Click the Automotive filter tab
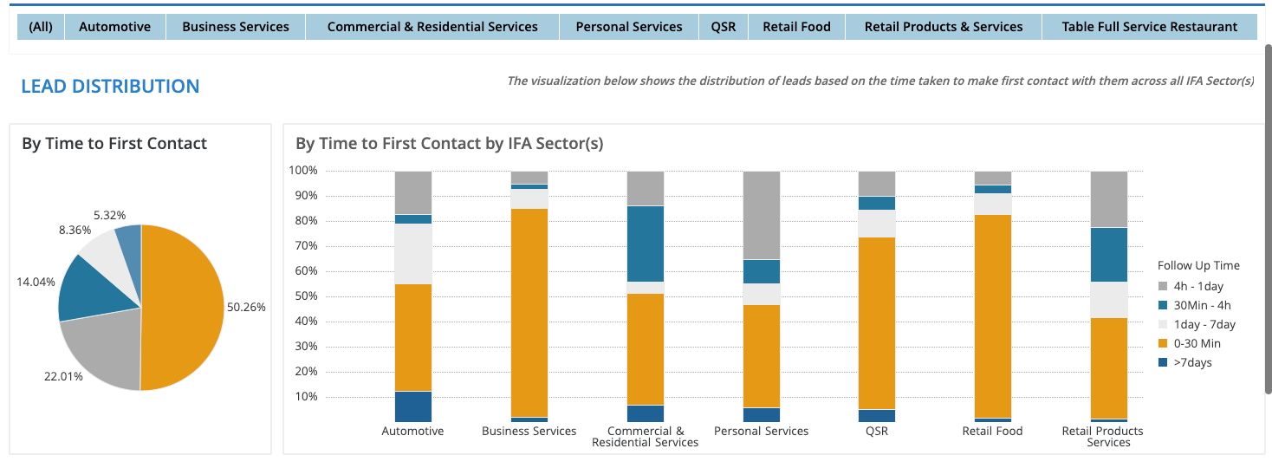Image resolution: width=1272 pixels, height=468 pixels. pyautogui.click(x=114, y=27)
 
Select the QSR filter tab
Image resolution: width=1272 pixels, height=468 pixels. pyautogui.click(x=723, y=27)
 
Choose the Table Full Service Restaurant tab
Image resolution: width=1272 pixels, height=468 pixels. pyautogui.click(x=1149, y=27)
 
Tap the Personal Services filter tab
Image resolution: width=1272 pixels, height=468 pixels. pyautogui.click(x=628, y=27)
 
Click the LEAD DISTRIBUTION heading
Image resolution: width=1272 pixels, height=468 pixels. pyautogui.click(x=110, y=87)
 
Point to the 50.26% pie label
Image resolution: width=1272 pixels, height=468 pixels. pyautogui.click(x=247, y=307)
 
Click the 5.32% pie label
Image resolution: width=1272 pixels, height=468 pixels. pyautogui.click(x=108, y=215)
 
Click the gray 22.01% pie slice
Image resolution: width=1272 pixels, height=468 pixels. pyautogui.click(x=104, y=355)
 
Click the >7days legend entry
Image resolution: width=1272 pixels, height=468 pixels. pyautogui.click(x=1193, y=362)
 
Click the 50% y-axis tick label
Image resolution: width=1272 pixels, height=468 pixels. pyautogui.click(x=305, y=296)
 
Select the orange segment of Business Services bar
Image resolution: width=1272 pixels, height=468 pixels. pyautogui.click(x=529, y=312)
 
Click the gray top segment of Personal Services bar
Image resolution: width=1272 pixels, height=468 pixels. pyautogui.click(x=761, y=215)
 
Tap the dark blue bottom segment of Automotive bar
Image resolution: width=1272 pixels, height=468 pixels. pyautogui.click(x=413, y=406)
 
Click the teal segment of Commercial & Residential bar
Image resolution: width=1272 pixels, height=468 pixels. pyautogui.click(x=645, y=244)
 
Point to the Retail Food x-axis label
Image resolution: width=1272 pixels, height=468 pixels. pyautogui.click(x=992, y=431)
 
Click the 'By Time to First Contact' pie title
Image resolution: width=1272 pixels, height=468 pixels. pyautogui.click(x=114, y=144)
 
